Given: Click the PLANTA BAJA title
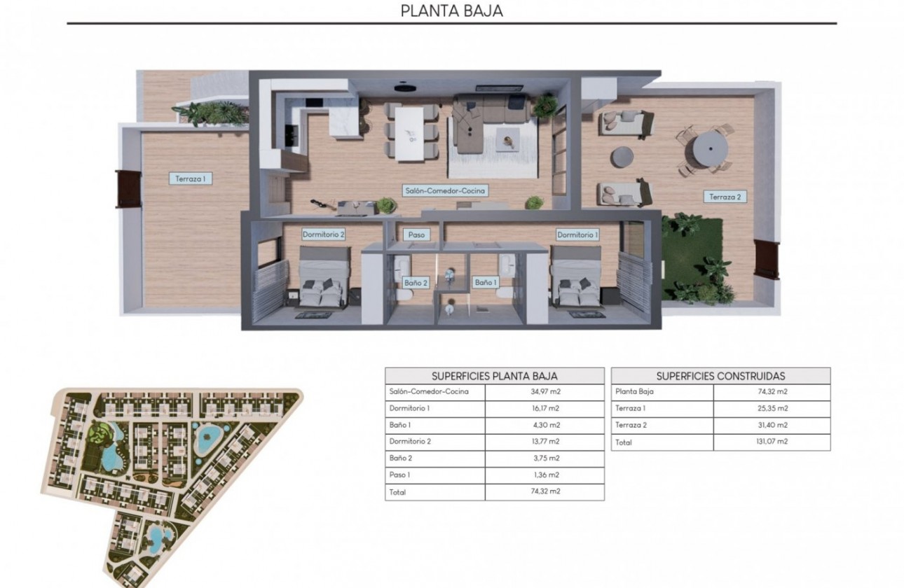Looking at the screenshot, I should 451,10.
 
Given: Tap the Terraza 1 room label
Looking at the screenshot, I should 191,178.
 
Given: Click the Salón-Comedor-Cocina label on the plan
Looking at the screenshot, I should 445,190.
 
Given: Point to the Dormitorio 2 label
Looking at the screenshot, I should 323,234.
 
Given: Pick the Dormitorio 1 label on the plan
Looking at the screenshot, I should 577,234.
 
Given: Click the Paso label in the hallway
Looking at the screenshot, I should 416,235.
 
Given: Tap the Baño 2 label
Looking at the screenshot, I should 416,283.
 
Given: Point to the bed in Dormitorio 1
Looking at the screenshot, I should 577,279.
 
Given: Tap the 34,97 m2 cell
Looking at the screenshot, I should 545,392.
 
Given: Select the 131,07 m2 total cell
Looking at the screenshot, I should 771,442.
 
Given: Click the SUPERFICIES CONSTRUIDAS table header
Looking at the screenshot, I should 720,376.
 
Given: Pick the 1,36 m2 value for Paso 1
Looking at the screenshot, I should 545,475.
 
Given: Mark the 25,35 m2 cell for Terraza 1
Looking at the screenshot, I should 771,408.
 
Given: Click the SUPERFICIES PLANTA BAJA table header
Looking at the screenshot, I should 494,376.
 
